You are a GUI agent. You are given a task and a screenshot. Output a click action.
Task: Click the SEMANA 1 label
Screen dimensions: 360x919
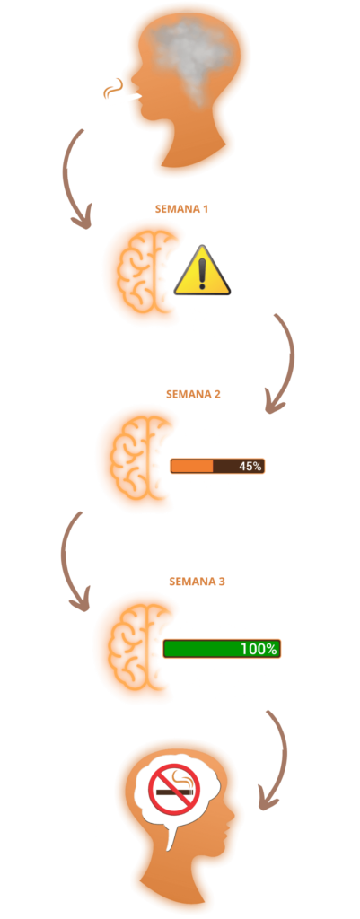181,208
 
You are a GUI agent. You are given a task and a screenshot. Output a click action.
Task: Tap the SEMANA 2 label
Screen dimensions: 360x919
193,395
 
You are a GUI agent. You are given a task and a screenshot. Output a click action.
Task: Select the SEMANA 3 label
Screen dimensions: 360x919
197,582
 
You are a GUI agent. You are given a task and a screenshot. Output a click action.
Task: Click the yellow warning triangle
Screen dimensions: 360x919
202,270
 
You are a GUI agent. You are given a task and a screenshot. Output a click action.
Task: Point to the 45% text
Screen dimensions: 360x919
250,467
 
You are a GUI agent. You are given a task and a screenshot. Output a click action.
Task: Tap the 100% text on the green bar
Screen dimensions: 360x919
259,649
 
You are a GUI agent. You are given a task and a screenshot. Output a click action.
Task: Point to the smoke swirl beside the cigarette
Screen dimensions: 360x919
112,89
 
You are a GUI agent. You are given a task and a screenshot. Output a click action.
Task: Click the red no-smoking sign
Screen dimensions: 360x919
174,790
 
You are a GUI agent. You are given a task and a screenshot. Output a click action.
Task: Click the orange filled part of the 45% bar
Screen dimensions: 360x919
192,467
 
